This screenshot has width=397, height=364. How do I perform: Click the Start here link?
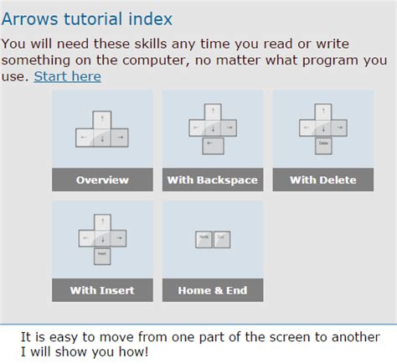pos(67,76)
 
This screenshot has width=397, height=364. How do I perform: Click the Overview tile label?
pos(102,179)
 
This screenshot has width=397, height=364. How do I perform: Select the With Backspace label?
pos(213,179)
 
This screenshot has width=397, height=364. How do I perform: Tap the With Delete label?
pos(322,179)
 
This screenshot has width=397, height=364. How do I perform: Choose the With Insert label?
pos(102,290)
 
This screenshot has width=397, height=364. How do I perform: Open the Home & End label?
pos(213,290)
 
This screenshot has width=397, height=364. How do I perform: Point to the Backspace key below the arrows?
pos(213,146)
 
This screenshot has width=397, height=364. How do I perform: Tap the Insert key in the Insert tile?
pos(102,254)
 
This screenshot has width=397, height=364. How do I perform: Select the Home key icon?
pos(204,238)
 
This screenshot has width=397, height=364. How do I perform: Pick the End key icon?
pos(221,238)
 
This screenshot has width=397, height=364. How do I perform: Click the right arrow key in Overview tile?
pos(119,136)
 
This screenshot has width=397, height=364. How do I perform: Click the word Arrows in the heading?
pos(31,18)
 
